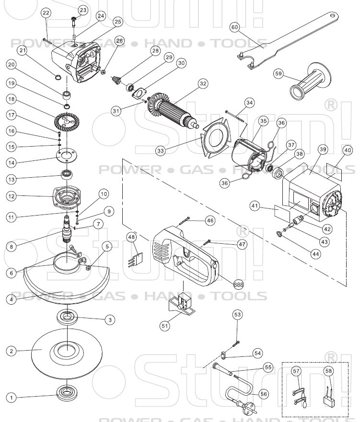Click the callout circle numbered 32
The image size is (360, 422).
(203, 83)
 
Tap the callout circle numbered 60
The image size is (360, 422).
(234, 27)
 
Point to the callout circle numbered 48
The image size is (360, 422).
(132, 237)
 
